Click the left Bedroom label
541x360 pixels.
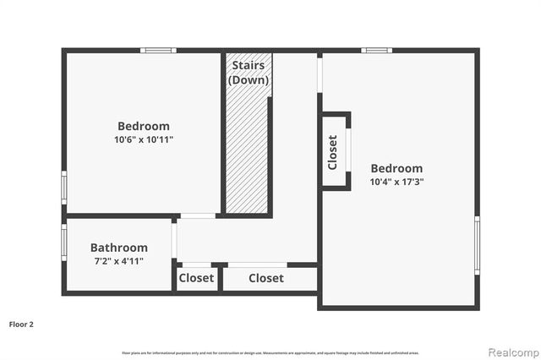click(143, 126)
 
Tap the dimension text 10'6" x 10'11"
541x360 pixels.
click(143, 139)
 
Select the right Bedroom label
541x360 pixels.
click(396, 168)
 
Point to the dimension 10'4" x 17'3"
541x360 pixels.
click(396, 182)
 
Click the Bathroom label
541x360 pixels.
click(118, 248)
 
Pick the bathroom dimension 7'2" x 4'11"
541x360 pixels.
click(118, 261)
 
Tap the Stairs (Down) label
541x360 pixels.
click(248, 73)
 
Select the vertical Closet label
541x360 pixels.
click(332, 152)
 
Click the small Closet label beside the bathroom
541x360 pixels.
click(197, 278)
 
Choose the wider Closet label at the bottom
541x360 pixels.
click(265, 278)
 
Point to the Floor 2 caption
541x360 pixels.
click(21, 324)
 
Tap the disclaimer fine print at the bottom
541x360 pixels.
click(270, 352)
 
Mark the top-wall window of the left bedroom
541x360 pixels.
click(158, 51)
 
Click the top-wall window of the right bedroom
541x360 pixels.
click(376, 51)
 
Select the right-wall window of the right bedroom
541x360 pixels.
click(478, 245)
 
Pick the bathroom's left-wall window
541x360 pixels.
click(64, 239)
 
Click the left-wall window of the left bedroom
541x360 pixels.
click(64, 187)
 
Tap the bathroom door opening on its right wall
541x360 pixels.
click(174, 240)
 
